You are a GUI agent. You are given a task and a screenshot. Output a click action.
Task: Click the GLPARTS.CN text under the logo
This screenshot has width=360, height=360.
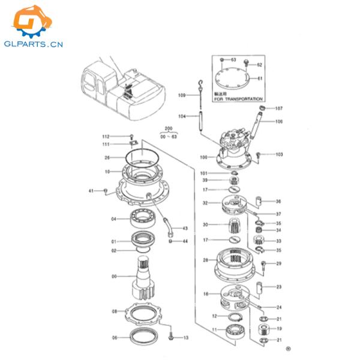pyautogui.click(x=36, y=44)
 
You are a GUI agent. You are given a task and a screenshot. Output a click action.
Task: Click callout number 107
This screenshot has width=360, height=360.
pyautogui.click(x=278, y=109)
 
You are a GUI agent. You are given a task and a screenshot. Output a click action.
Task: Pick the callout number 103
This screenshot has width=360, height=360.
pyautogui.click(x=278, y=155)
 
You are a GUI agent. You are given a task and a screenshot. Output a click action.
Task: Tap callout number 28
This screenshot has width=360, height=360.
pyautogui.click(x=205, y=260)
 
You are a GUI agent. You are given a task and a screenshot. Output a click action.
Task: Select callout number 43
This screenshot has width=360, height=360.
pyautogui.click(x=185, y=229)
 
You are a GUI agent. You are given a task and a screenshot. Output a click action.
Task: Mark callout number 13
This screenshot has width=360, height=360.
pyautogui.click(x=186, y=338)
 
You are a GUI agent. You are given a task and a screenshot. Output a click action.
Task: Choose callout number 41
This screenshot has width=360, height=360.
pyautogui.click(x=92, y=191)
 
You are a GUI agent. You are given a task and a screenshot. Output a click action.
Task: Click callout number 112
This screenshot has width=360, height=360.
pyautogui.click(x=106, y=136)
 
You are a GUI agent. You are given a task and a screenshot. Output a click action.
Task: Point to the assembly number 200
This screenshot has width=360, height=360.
pyautogui.click(x=168, y=128)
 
